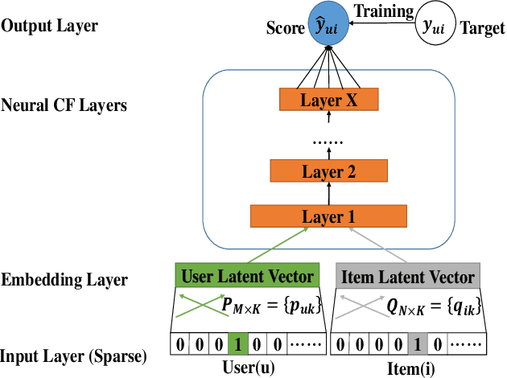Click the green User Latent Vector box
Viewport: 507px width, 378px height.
click(249, 277)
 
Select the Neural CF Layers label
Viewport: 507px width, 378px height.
click(64, 105)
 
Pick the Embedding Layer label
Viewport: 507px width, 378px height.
click(64, 280)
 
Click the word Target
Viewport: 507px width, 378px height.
click(482, 28)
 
